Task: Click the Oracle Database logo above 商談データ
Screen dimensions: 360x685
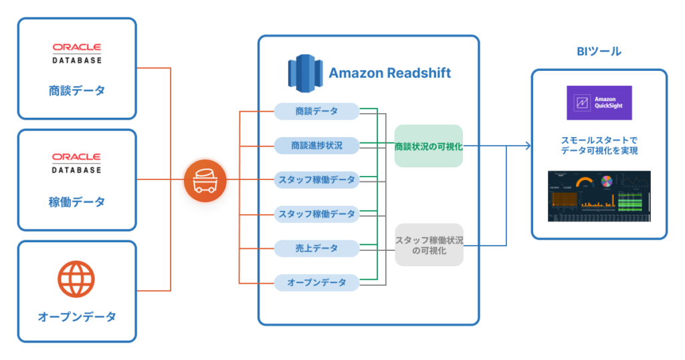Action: tap(77, 53)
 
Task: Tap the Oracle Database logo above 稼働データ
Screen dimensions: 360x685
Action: tap(77, 163)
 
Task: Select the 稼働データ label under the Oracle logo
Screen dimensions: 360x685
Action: tap(77, 201)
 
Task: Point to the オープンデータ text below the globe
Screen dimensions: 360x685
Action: tap(77, 316)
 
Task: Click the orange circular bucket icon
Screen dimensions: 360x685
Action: tap(205, 180)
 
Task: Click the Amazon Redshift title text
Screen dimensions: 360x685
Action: tap(389, 73)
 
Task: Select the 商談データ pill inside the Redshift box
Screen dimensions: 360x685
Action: tap(317, 111)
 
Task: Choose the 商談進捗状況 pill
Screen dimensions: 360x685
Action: tap(317, 145)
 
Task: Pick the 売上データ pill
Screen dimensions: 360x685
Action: tap(317, 248)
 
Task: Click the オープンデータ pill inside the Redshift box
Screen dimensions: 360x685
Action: tap(317, 282)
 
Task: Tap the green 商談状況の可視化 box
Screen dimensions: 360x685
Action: tap(428, 146)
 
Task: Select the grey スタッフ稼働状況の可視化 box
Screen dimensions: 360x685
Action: tap(429, 245)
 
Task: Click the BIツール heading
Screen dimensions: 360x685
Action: tap(599, 52)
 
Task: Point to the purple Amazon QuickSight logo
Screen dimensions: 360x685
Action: tap(599, 102)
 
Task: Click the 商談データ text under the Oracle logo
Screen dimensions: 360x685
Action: tap(77, 91)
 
